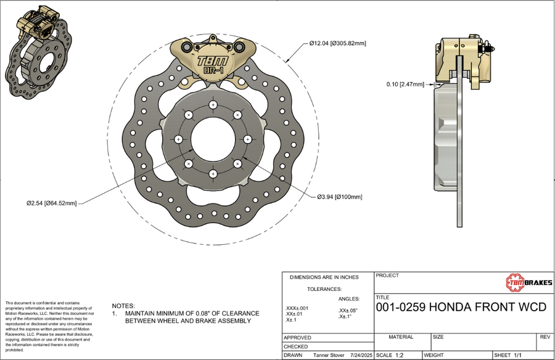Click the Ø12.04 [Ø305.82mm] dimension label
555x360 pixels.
pos(338,43)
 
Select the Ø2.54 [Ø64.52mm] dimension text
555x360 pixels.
pos(51,202)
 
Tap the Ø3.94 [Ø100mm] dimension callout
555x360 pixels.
pos(340,197)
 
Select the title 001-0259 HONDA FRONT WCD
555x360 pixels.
pos(461,307)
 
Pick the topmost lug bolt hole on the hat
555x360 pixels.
pos(213,105)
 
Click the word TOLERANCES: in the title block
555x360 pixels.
pos(324,288)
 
